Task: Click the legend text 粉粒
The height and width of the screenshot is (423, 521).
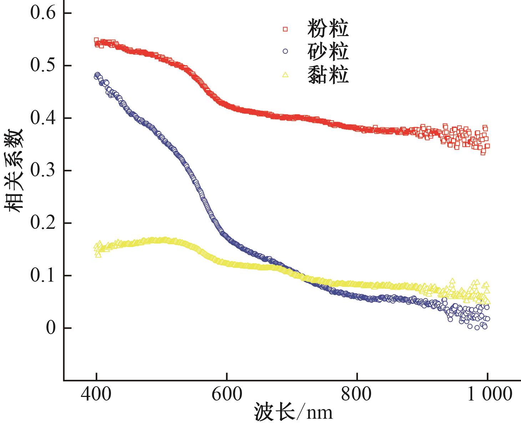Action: tap(328, 29)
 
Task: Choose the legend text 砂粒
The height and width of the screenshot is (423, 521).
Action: tap(328, 51)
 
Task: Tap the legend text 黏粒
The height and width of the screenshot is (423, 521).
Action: tap(328, 75)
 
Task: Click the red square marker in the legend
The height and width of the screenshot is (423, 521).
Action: tap(285, 29)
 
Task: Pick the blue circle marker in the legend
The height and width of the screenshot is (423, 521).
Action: tap(285, 51)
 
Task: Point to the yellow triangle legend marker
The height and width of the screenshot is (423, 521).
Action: tap(285, 75)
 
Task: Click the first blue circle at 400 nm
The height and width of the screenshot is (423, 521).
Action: tap(96, 76)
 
